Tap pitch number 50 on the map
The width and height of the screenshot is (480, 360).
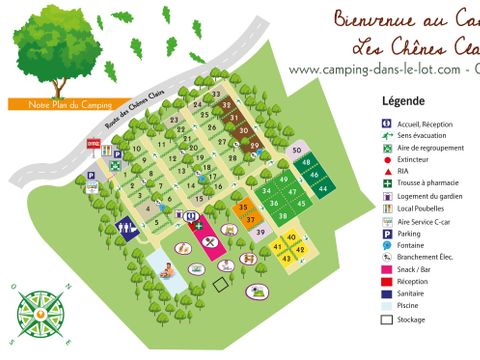297,150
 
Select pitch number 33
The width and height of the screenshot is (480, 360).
217,94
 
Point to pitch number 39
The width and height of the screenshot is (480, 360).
260,232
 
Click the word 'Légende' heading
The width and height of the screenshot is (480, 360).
404,101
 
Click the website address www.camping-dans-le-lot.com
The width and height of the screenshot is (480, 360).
376,69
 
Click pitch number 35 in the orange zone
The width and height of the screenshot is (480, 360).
243,207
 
